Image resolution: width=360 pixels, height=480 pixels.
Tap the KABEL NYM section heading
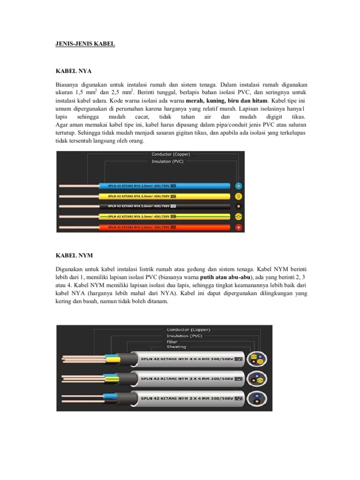[74, 255]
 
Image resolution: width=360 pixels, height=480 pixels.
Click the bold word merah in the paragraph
[195, 101]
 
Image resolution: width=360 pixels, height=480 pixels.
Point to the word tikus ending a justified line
[298, 116]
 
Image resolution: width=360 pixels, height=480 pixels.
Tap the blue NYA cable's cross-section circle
[239, 186]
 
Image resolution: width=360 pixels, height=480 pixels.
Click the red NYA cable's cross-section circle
[239, 227]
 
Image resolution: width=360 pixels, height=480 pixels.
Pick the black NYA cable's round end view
[239, 207]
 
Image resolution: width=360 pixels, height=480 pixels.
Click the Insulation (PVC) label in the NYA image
[168, 161]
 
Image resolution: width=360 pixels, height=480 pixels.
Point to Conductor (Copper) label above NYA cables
[171, 154]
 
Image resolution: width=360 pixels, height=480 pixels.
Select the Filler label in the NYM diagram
[172, 342]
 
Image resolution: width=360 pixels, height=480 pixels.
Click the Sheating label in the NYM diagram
[176, 347]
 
